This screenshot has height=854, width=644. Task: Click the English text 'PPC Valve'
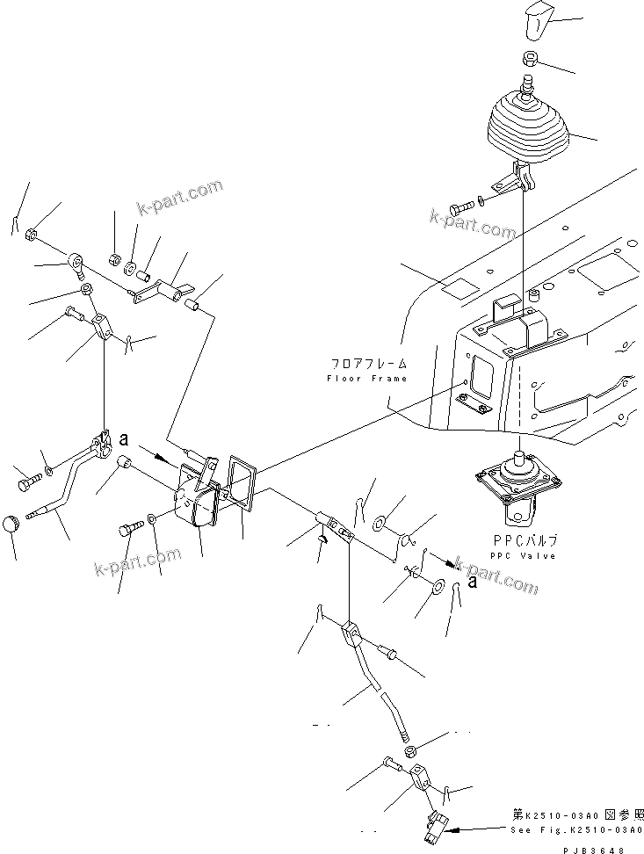point(522,556)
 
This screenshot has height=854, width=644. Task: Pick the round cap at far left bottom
point(12,524)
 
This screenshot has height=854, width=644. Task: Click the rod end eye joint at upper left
point(77,261)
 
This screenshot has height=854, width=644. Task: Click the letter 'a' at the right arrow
point(473,579)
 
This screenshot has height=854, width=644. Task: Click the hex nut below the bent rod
point(410,751)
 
